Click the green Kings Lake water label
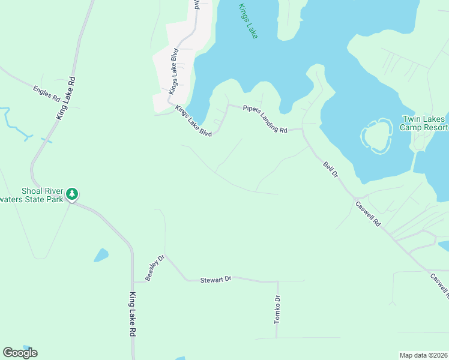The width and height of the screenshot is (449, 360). pyautogui.click(x=247, y=22)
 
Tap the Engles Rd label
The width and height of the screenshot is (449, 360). pyautogui.click(x=47, y=94)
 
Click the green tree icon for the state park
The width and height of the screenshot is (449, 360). pyautogui.click(x=72, y=194)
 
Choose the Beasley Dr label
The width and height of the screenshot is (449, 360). pyautogui.click(x=154, y=269)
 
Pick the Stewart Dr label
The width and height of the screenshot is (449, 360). pyautogui.click(x=215, y=280)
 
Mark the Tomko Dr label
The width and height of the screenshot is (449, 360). pyautogui.click(x=277, y=310)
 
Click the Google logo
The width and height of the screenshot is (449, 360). pyautogui.click(x=20, y=353)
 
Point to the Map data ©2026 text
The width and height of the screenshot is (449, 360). pyautogui.click(x=424, y=355)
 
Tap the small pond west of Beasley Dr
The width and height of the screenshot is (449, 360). pyautogui.click(x=101, y=256)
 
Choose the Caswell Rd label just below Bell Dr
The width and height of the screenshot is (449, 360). pyautogui.click(x=368, y=214)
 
